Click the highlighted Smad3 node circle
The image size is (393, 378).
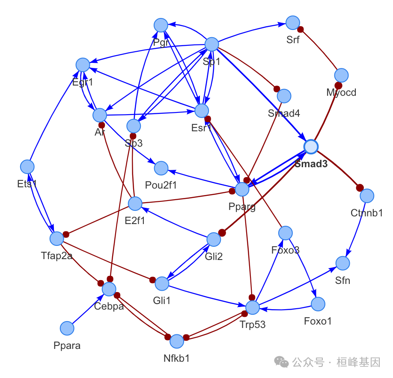[311, 147]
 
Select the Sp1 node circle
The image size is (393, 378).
[212, 44]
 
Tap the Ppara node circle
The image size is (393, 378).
[67, 328]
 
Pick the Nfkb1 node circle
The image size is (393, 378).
[177, 342]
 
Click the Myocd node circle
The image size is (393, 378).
[341, 76]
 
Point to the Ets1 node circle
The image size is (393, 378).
[27, 167]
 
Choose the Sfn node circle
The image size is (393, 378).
[343, 263]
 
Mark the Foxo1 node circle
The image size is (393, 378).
[318, 304]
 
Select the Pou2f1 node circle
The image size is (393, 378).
[161, 168]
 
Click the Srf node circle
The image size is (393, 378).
[292, 23]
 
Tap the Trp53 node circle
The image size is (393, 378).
[253, 307]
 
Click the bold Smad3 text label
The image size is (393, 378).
[311, 164]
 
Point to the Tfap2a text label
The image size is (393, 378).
[57, 256]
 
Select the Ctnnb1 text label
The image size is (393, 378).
[366, 213]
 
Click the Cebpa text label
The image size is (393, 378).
[109, 306]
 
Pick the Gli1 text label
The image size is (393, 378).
[162, 301]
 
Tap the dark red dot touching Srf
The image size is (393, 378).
[301, 30]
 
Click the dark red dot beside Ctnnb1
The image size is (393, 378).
[360, 188]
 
